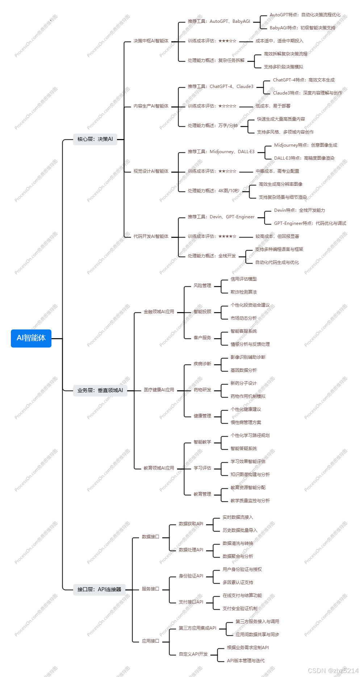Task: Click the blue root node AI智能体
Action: tap(31, 338)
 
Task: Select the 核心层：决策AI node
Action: tap(95, 139)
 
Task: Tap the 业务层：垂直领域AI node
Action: tap(100, 390)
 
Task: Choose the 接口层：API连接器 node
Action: tap(99, 589)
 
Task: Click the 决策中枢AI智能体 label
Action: tap(151, 41)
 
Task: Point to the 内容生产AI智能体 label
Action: tap(151, 106)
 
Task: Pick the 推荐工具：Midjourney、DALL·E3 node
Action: tap(221, 152)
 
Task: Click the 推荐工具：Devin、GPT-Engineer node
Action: tap(221, 217)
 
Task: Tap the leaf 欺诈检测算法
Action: tap(243, 292)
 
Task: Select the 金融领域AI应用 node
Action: tap(159, 312)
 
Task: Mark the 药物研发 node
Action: tap(202, 390)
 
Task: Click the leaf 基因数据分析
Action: tap(243, 370)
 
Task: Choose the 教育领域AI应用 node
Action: tap(159, 468)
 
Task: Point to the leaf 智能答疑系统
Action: tap(243, 449)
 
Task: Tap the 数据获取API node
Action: tap(191, 524)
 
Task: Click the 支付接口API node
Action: tap(191, 602)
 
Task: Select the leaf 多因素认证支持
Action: tap(238, 583)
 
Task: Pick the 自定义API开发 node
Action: tap(193, 654)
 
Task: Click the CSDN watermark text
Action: tap(333, 670)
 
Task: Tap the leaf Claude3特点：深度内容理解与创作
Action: tap(307, 93)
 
